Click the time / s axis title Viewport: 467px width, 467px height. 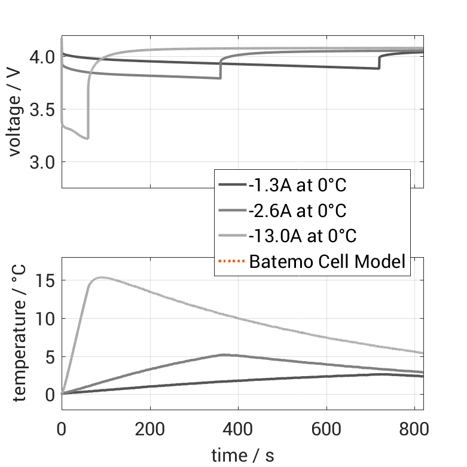(x=242, y=456)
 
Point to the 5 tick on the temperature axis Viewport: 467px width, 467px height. (x=50, y=357)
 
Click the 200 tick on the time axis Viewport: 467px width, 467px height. (x=150, y=429)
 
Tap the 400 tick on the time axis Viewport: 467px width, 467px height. (x=239, y=429)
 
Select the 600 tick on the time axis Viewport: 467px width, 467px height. (x=326, y=429)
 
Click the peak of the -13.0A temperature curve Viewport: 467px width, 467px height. (x=102, y=277)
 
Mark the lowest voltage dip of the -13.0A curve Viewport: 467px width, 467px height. (x=87, y=139)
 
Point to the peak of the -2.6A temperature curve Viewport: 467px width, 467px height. (x=222, y=355)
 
